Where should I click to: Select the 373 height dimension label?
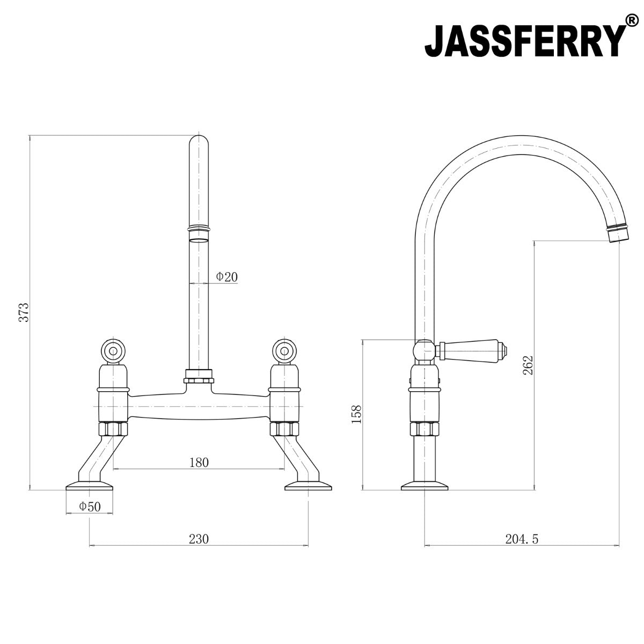(x=23, y=312)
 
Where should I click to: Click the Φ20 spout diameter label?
(x=226, y=277)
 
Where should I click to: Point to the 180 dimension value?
(x=199, y=462)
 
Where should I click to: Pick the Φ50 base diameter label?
(x=90, y=506)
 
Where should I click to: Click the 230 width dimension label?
(x=199, y=538)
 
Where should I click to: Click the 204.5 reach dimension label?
(x=521, y=539)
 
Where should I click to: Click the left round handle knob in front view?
(x=113, y=352)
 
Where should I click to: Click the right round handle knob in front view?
(x=284, y=352)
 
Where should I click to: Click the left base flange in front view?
(x=90, y=487)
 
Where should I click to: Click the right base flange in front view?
(x=308, y=487)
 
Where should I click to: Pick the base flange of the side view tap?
(x=424, y=487)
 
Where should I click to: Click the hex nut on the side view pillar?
(x=425, y=428)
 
